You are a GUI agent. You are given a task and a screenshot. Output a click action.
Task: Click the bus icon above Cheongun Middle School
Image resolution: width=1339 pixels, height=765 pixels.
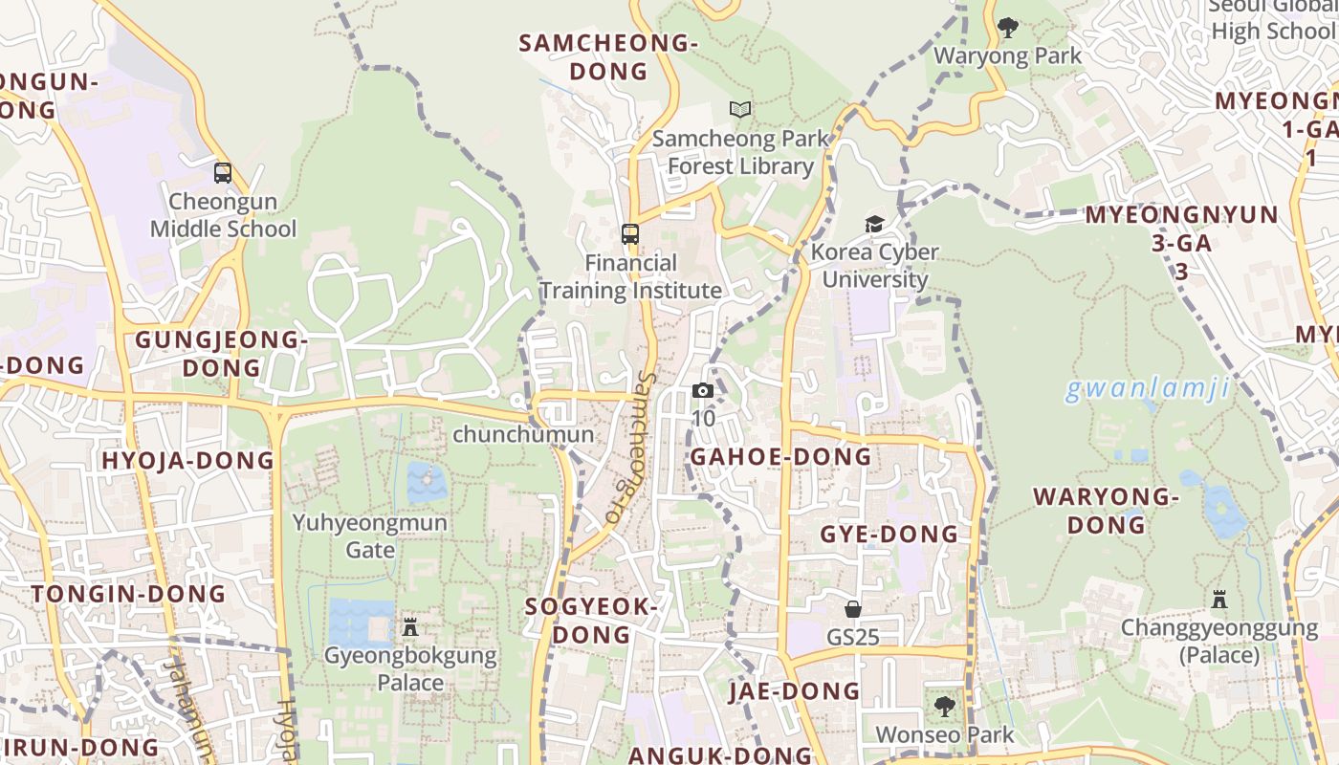223,173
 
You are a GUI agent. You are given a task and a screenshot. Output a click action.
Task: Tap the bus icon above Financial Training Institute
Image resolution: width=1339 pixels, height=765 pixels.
630,233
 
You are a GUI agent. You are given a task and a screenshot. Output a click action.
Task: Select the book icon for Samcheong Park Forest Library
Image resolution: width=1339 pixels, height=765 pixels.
740,110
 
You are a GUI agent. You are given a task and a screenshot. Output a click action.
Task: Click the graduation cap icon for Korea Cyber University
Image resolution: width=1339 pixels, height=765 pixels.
874,224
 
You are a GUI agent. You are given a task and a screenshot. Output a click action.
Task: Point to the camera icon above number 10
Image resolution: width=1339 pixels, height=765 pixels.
703,390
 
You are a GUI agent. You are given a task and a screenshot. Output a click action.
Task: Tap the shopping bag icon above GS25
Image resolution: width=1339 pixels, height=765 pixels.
853,609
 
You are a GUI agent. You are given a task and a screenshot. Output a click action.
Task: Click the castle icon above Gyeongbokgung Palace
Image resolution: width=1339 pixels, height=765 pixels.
410,627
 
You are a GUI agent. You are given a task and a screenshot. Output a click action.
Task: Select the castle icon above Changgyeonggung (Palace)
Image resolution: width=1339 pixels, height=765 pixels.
1219,600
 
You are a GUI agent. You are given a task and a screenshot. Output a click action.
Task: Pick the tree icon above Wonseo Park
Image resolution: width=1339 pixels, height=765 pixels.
945,707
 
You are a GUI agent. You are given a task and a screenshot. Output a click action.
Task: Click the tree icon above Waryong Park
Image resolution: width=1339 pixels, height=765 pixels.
1007,28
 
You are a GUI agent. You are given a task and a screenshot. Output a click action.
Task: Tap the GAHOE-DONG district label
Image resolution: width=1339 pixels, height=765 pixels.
781,457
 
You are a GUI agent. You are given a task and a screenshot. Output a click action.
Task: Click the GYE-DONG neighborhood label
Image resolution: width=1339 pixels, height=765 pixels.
889,535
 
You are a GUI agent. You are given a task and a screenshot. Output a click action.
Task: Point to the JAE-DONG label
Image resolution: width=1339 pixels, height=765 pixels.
795,691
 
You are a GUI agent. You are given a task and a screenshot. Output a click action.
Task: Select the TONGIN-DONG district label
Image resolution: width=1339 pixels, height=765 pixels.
129,594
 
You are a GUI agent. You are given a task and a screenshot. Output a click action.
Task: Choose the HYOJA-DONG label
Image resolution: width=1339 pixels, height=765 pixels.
188,461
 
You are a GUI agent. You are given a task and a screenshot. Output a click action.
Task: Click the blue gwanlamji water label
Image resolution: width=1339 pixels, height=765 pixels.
1147,389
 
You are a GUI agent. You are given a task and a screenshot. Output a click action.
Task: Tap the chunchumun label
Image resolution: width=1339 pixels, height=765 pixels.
523,434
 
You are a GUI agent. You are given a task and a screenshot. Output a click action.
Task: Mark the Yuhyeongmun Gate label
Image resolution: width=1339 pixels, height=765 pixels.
370,535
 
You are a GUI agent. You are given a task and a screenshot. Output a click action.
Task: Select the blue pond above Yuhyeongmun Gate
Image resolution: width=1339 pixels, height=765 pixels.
427,482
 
